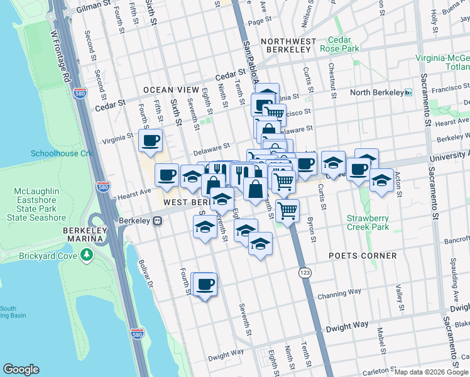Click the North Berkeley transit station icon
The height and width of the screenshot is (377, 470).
[408, 92]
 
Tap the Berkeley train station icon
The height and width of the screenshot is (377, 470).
[159, 221]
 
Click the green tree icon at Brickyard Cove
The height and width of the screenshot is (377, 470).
[87, 255]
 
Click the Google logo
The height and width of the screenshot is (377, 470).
[21, 369]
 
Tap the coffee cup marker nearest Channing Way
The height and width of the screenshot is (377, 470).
[205, 285]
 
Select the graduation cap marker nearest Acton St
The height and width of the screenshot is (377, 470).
[381, 180]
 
